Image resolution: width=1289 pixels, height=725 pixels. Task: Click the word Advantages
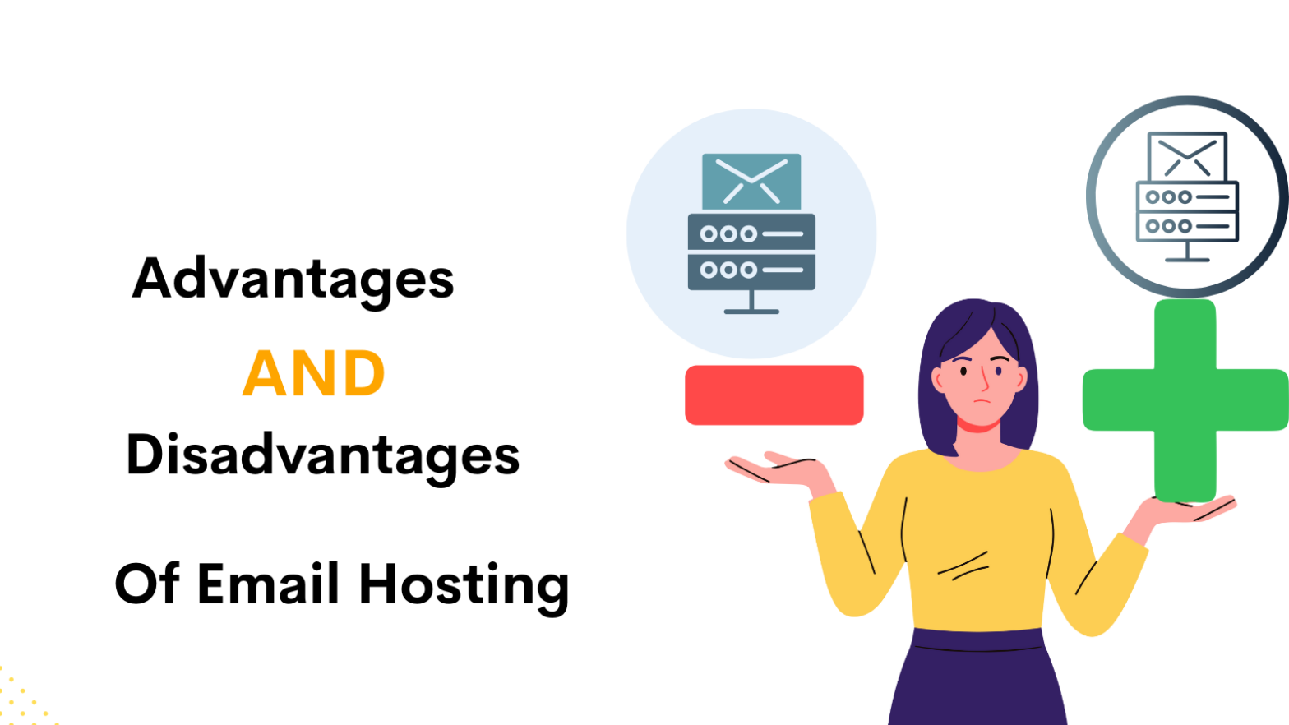pos(293,279)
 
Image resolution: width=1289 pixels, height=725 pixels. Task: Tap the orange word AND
pos(314,374)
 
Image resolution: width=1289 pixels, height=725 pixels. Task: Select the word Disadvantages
pos(322,456)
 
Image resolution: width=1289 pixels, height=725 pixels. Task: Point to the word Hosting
pos(464,585)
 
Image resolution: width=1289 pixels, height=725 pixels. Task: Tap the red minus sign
pos(774,395)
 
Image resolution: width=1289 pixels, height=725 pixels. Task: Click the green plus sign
pos(1185,400)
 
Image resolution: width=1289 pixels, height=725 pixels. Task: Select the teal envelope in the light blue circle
pos(751,181)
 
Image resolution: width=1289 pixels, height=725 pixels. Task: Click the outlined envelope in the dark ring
pos(1187,157)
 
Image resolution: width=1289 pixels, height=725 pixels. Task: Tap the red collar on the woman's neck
pos(978,427)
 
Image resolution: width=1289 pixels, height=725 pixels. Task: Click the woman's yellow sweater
pos(978,543)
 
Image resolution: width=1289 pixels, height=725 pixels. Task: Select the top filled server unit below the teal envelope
pos(751,233)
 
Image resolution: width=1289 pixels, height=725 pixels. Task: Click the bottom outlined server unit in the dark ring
pos(1187,226)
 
